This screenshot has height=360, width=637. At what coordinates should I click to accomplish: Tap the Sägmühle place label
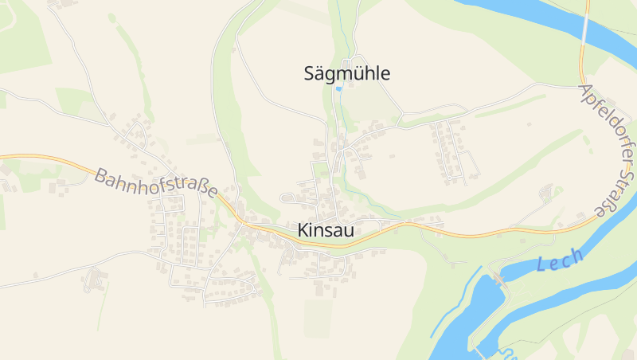click(x=347, y=74)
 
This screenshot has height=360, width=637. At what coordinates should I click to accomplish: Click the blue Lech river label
click(x=560, y=260)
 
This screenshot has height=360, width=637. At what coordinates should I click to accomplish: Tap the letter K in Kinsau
click(x=303, y=229)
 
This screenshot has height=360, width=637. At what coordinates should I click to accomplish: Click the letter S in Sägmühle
click(x=310, y=73)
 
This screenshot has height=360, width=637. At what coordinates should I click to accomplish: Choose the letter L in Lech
click(x=541, y=267)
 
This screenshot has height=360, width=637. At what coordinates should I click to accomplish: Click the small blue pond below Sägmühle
click(x=338, y=89)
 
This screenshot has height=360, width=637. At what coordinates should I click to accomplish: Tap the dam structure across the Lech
click(x=499, y=279)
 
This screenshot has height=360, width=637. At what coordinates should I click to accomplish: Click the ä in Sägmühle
click(x=321, y=74)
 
